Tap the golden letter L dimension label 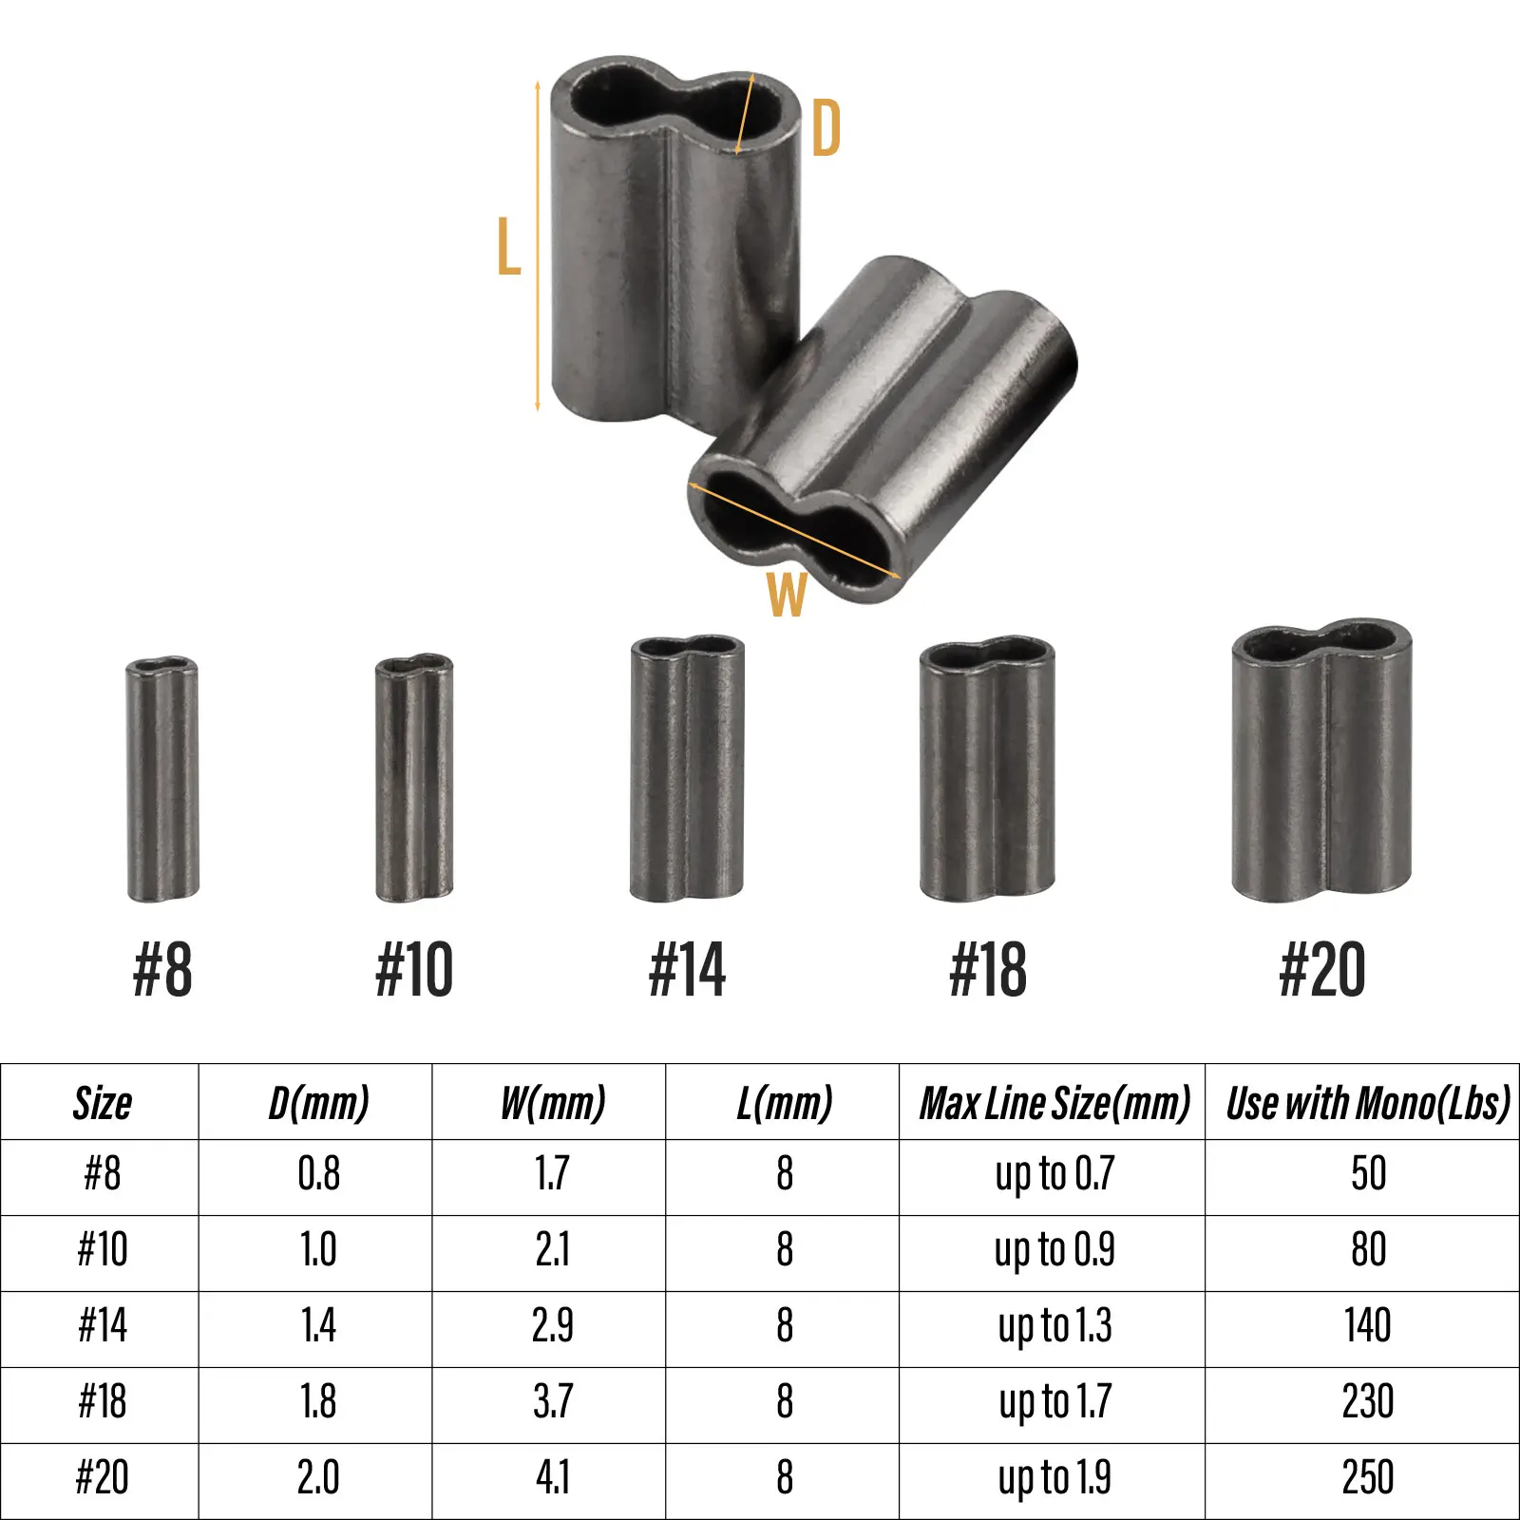509,246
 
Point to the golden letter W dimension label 787,595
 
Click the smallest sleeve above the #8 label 162,779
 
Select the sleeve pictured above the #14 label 687,769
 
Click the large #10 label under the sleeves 414,970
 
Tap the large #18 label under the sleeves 988,970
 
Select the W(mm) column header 553,1103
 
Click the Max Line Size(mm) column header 1054,1103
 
